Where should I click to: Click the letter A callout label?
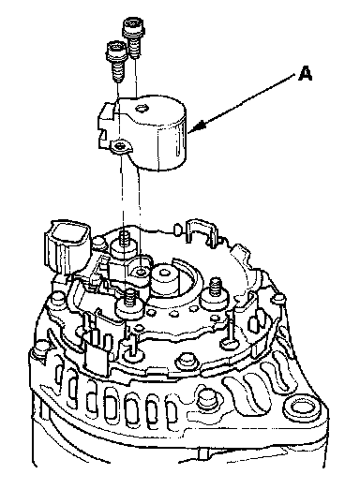[x=305, y=73]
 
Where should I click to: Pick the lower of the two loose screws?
[x=116, y=61]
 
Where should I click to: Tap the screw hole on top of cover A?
[x=142, y=109]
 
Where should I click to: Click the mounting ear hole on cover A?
[x=119, y=145]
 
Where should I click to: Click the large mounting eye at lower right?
[x=301, y=407]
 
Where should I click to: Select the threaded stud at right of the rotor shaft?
[x=215, y=293]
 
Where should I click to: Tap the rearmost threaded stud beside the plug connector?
[x=124, y=245]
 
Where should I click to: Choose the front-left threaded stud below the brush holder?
[x=130, y=304]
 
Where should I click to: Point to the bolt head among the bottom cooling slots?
[x=207, y=399]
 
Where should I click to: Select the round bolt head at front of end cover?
[x=187, y=361]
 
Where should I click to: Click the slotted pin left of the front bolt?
[x=133, y=348]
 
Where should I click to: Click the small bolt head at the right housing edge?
[x=278, y=299]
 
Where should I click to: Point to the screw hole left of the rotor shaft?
[x=142, y=272]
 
